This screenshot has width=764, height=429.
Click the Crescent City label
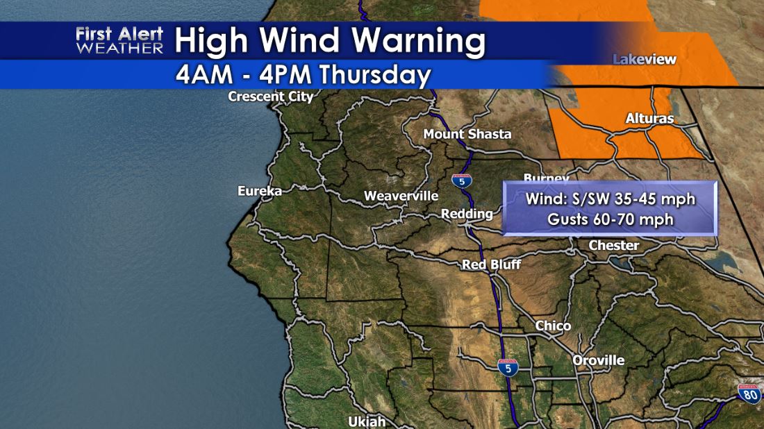tap(271, 96)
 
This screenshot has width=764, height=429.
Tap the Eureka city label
tap(259, 191)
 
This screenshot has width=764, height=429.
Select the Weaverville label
tap(401, 196)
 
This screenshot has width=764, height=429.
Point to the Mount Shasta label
tap(467, 134)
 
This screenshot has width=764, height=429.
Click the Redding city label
tap(467, 214)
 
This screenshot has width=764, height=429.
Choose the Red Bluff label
tap(491, 264)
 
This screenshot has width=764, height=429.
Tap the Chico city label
tap(553, 326)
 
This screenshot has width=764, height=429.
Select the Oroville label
tap(598, 360)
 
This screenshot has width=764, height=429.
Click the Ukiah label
tap(366, 421)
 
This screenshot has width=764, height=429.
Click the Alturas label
tap(649, 119)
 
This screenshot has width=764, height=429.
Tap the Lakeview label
tap(644, 60)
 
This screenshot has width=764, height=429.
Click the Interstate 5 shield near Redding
tap(461, 181)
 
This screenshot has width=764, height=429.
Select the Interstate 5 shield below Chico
tap(508, 367)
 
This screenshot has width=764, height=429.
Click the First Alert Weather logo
tap(119, 41)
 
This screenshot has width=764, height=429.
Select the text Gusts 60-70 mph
tap(610, 219)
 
